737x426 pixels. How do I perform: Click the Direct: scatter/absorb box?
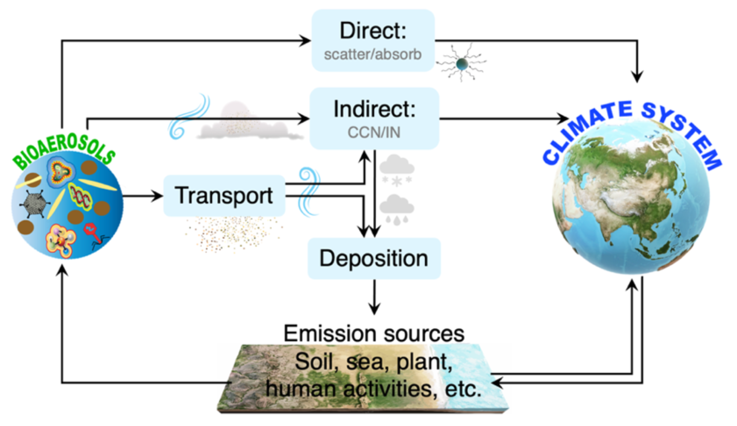tap(373, 41)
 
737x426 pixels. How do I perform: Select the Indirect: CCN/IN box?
tap(374, 119)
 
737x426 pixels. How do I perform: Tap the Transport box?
tap(224, 196)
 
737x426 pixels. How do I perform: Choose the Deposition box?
tap(374, 258)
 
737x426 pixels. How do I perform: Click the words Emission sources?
tap(374, 333)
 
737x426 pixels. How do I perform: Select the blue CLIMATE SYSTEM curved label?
tap(630, 128)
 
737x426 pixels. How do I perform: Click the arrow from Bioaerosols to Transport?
tap(143, 196)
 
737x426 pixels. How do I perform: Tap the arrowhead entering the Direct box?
tap(305, 41)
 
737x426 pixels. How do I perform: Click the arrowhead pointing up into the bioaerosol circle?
tap(63, 271)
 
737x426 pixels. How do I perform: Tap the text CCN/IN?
tap(374, 133)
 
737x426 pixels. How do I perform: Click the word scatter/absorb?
tap(373, 55)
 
